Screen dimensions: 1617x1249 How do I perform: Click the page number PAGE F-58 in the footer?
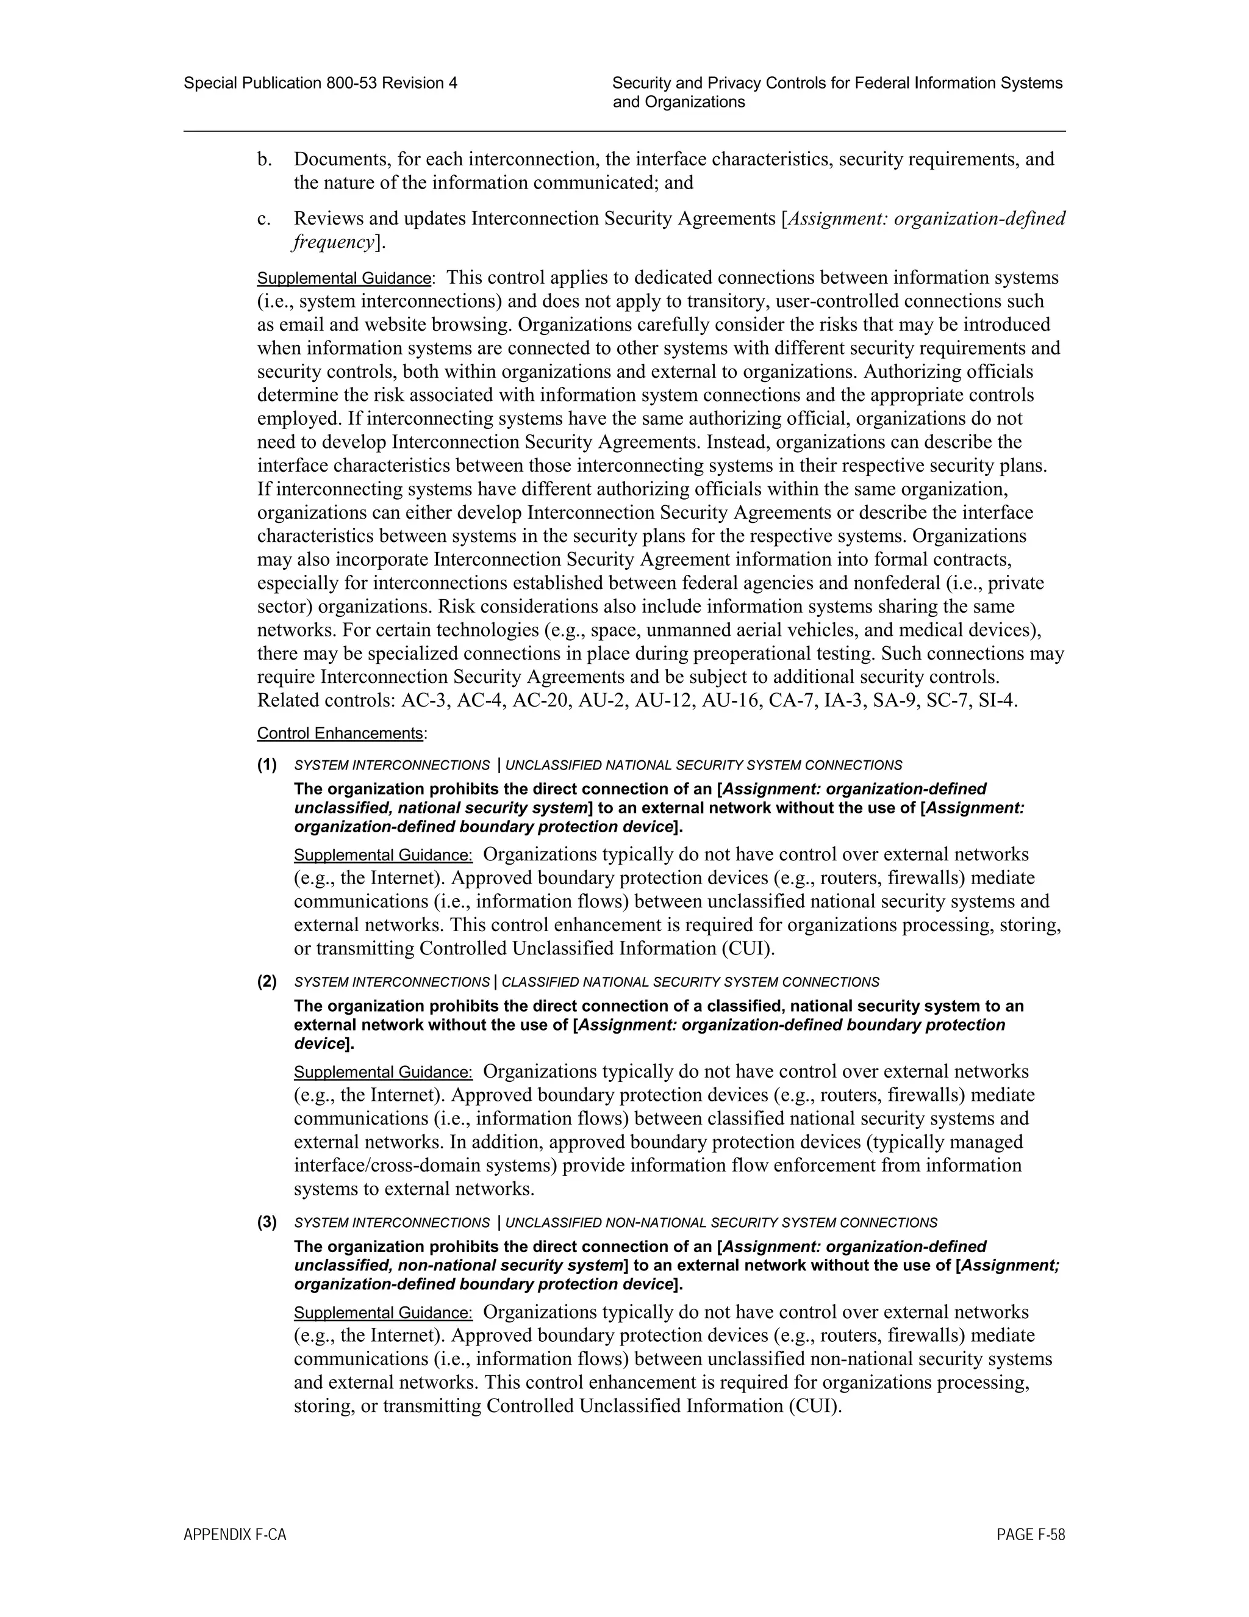click(x=1031, y=1535)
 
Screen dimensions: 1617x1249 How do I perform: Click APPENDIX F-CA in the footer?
click(x=235, y=1535)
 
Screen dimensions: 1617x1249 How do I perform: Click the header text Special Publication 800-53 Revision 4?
click(x=320, y=83)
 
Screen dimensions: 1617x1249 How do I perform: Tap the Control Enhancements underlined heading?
click(x=341, y=733)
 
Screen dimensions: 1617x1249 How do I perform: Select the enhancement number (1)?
click(x=267, y=764)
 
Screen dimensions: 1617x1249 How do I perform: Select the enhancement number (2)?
click(x=267, y=982)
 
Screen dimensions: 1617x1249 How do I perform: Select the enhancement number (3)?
click(x=267, y=1222)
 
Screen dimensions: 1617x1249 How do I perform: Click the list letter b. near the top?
click(x=264, y=159)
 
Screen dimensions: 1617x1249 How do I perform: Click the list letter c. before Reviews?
click(x=264, y=218)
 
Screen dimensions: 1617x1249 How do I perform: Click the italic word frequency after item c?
click(x=333, y=242)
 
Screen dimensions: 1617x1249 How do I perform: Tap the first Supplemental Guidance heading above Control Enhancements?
click(x=344, y=278)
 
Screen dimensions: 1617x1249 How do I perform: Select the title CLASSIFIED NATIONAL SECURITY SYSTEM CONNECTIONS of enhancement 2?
click(x=690, y=982)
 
